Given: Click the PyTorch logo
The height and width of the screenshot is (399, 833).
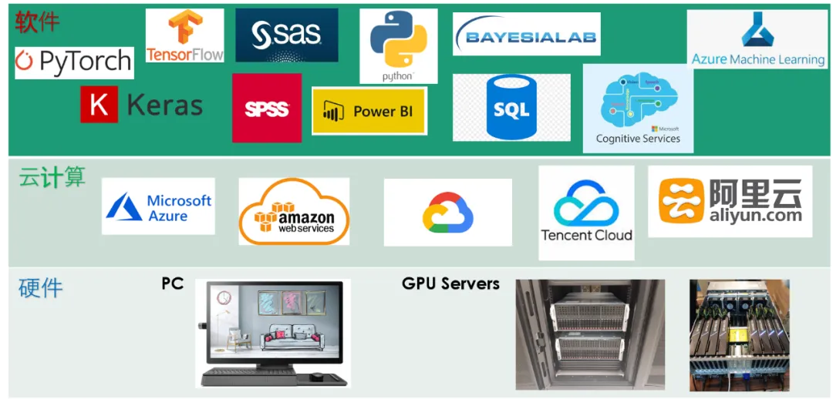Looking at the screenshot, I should point(74,62).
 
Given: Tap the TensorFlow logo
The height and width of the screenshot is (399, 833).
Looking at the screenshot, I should point(185,35).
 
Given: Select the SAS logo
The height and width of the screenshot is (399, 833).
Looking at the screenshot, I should point(286,35).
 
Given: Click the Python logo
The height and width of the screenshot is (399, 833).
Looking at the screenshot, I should point(398,45).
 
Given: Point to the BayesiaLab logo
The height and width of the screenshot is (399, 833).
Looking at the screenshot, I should point(527,35).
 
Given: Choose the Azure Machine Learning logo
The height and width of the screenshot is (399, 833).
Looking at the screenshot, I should point(757,39).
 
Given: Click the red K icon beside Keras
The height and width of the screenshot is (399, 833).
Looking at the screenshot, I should point(99,105).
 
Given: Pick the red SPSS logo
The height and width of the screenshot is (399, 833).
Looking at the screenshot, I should point(267,109).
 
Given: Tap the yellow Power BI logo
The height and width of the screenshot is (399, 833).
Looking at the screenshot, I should point(369,111).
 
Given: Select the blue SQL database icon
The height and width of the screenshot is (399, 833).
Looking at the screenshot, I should point(511,108).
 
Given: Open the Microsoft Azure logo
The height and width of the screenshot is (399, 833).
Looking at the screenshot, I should point(159,206).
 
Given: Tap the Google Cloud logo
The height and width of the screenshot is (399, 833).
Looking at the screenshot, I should point(447,213).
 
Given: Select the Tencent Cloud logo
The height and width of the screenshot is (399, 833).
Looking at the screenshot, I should point(586,213).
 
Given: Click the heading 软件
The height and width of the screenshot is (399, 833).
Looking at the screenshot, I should point(37,22).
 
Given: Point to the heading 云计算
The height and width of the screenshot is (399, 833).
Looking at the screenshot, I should point(52,178).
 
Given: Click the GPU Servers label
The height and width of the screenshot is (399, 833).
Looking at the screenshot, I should point(450,283).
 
